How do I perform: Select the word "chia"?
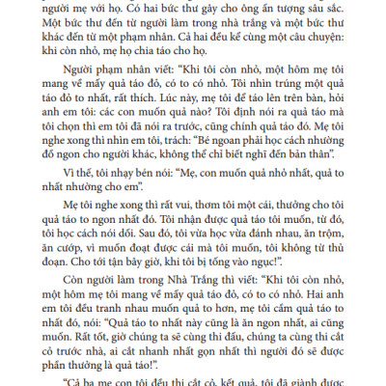(146, 62)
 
